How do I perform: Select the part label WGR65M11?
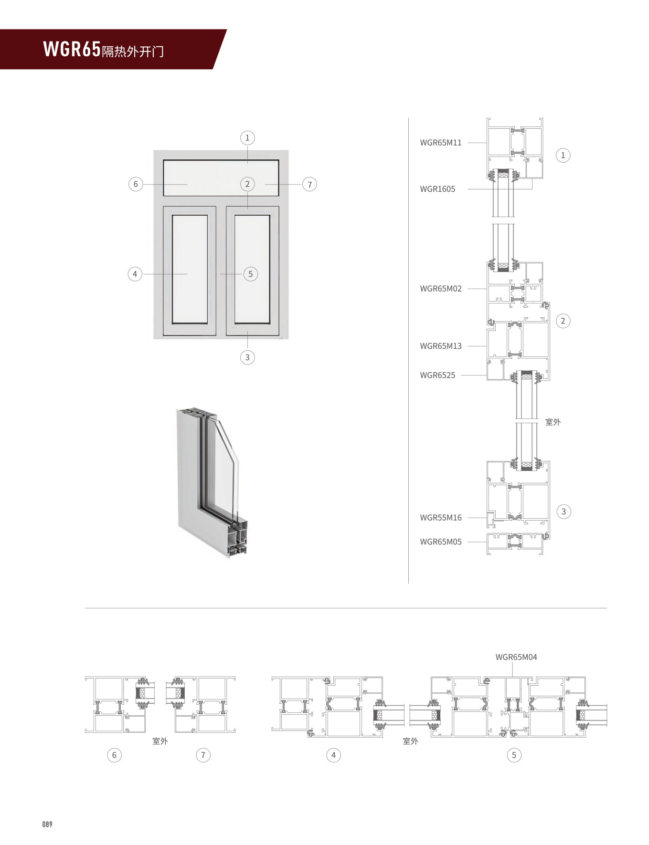pos(440,143)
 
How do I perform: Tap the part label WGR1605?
pos(437,189)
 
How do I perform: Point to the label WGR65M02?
pos(440,289)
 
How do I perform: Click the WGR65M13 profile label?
pos(440,346)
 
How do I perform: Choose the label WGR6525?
pos(437,375)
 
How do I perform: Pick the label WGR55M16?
pos(440,518)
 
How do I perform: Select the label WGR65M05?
pos(440,542)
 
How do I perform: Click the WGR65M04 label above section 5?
pos(516,657)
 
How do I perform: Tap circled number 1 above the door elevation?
pos(247,138)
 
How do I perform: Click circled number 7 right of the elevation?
pos(309,184)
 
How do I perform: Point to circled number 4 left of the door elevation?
pos(135,274)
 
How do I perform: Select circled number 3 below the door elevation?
pos(247,357)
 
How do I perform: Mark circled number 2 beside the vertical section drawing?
pos(563,321)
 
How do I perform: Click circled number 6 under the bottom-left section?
pos(114,755)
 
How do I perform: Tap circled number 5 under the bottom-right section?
pos(514,755)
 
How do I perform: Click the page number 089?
pos(47,824)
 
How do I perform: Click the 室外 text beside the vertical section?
pos(553,422)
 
